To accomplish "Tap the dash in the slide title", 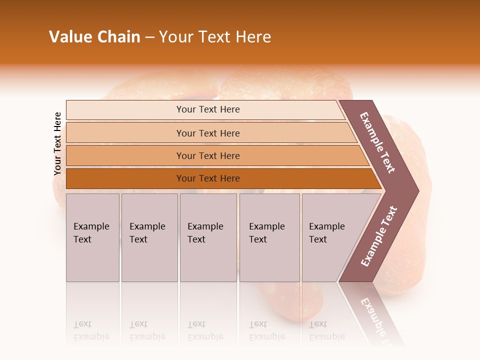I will [x=149, y=37].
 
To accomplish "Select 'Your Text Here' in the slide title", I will [x=215, y=37].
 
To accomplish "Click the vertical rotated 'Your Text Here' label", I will [x=57, y=143].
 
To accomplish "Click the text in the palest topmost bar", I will [x=208, y=109].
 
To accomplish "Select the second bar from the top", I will [x=208, y=133].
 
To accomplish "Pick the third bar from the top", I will [x=208, y=155].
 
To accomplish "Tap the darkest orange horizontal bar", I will [x=208, y=178].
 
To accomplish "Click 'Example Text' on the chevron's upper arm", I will [x=378, y=142].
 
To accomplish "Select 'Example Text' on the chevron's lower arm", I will [x=379, y=236].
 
